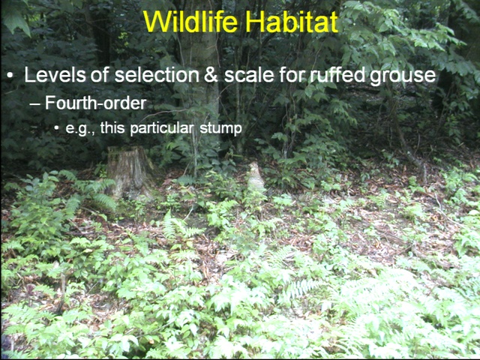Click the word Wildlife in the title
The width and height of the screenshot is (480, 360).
tap(190, 22)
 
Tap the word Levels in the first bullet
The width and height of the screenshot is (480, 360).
tap(55, 75)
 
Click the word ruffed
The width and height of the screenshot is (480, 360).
tap(337, 75)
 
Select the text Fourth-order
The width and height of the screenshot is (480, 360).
tap(95, 103)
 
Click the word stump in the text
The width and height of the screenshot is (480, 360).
tap(220, 128)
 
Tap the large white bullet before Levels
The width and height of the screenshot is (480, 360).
tap(10, 75)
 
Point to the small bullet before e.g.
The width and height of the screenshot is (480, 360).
tap(56, 128)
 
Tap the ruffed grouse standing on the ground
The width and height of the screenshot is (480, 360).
tap(256, 179)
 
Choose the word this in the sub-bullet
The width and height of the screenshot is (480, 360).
tap(112, 128)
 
